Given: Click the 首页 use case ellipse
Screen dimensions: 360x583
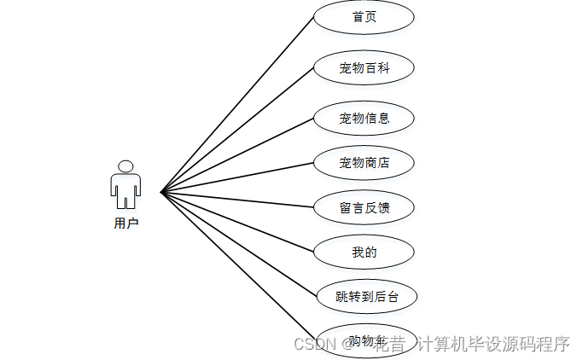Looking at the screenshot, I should click(x=364, y=17).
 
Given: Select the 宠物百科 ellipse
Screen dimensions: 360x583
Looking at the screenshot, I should click(x=364, y=68).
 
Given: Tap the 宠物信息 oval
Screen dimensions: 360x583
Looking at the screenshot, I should click(x=364, y=119).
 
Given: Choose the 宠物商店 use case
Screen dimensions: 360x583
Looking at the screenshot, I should click(x=364, y=162).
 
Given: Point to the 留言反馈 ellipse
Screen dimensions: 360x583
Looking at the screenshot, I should click(x=364, y=206).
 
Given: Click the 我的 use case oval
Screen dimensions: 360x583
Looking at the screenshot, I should click(x=364, y=253).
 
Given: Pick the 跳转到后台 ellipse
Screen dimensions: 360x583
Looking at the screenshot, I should click(x=365, y=297).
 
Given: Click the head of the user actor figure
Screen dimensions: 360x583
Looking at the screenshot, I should click(x=125, y=166).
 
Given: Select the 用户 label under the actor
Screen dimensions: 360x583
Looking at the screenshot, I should click(x=125, y=224).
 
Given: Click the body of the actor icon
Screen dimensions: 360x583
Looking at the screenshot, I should click(x=125, y=189).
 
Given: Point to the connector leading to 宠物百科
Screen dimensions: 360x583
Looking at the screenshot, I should click(x=237, y=130).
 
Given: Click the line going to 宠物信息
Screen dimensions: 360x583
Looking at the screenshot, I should click(x=237, y=155).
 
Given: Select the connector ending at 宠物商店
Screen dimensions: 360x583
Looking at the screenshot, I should click(x=237, y=177).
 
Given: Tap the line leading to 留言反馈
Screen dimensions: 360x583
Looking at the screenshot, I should click(x=237, y=200).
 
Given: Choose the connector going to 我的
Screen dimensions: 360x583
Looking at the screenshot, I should click(x=237, y=222).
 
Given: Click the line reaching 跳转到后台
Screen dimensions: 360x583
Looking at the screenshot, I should click(x=237, y=244).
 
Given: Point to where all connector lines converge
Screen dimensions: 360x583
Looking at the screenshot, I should click(x=161, y=192).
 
